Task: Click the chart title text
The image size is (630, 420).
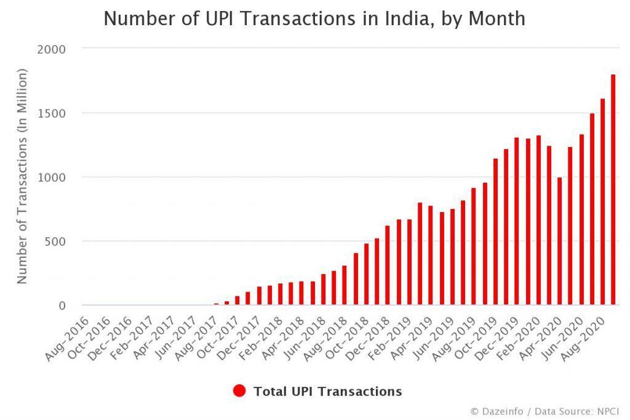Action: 314,19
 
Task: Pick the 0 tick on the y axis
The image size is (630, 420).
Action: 63,306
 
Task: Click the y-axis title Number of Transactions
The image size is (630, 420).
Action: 23,176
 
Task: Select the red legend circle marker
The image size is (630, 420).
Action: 240,390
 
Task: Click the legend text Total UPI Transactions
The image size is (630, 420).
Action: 327,391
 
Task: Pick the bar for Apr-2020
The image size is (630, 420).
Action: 559,241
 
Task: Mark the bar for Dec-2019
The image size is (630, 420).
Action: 516,221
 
